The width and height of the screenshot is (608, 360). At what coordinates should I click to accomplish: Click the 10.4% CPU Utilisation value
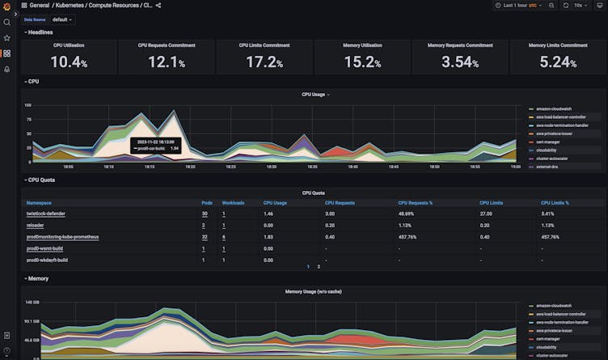pyautogui.click(x=69, y=61)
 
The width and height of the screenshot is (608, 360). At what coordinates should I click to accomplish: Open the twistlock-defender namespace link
pyautogui.click(x=46, y=214)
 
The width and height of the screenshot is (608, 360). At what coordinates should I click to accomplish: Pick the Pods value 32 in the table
pyautogui.click(x=205, y=237)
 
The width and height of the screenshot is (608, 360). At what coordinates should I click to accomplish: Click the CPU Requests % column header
pyautogui.click(x=415, y=203)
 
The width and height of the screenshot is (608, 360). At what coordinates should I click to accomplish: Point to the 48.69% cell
pyautogui.click(x=407, y=214)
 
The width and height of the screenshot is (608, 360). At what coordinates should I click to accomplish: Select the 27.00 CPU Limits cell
pyautogui.click(x=486, y=214)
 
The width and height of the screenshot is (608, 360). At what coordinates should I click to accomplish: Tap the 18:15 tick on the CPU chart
pyautogui.click(x=150, y=167)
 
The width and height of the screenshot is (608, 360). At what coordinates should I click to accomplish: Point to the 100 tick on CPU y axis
pyautogui.click(x=27, y=105)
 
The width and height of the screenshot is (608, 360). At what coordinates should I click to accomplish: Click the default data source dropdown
pyautogui.click(x=62, y=19)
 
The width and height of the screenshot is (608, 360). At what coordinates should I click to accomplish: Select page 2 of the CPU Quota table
pyautogui.click(x=319, y=266)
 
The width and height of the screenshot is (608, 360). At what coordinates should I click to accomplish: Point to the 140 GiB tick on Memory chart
pyautogui.click(x=31, y=303)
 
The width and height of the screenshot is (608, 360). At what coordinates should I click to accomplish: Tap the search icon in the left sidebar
pyautogui.click(x=6, y=22)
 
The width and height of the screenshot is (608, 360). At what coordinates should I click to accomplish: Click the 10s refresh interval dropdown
pyautogui.click(x=581, y=5)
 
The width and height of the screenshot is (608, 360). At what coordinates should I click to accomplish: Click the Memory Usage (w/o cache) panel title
pyautogui.click(x=313, y=291)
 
